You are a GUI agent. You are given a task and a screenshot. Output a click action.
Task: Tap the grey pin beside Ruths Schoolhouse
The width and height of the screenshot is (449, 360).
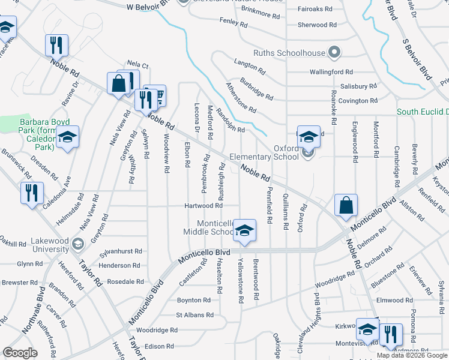(334, 53)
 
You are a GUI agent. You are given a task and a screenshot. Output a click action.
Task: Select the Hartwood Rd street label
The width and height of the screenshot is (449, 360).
(203, 206)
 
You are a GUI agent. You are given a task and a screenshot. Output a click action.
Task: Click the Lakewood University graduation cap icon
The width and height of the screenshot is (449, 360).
(77, 244)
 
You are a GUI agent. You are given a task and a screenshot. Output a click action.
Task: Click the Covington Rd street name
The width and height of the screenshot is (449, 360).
(358, 101)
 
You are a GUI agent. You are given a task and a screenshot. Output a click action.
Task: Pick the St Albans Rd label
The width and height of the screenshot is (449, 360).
(194, 314)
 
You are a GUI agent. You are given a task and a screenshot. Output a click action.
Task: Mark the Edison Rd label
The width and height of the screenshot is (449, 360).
(158, 346)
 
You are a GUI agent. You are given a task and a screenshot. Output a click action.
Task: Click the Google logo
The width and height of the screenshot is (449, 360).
(20, 353)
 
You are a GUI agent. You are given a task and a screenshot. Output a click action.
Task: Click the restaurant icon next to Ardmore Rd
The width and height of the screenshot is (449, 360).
(391, 335)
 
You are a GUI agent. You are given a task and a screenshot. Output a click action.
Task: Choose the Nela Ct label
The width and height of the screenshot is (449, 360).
(137, 64)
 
